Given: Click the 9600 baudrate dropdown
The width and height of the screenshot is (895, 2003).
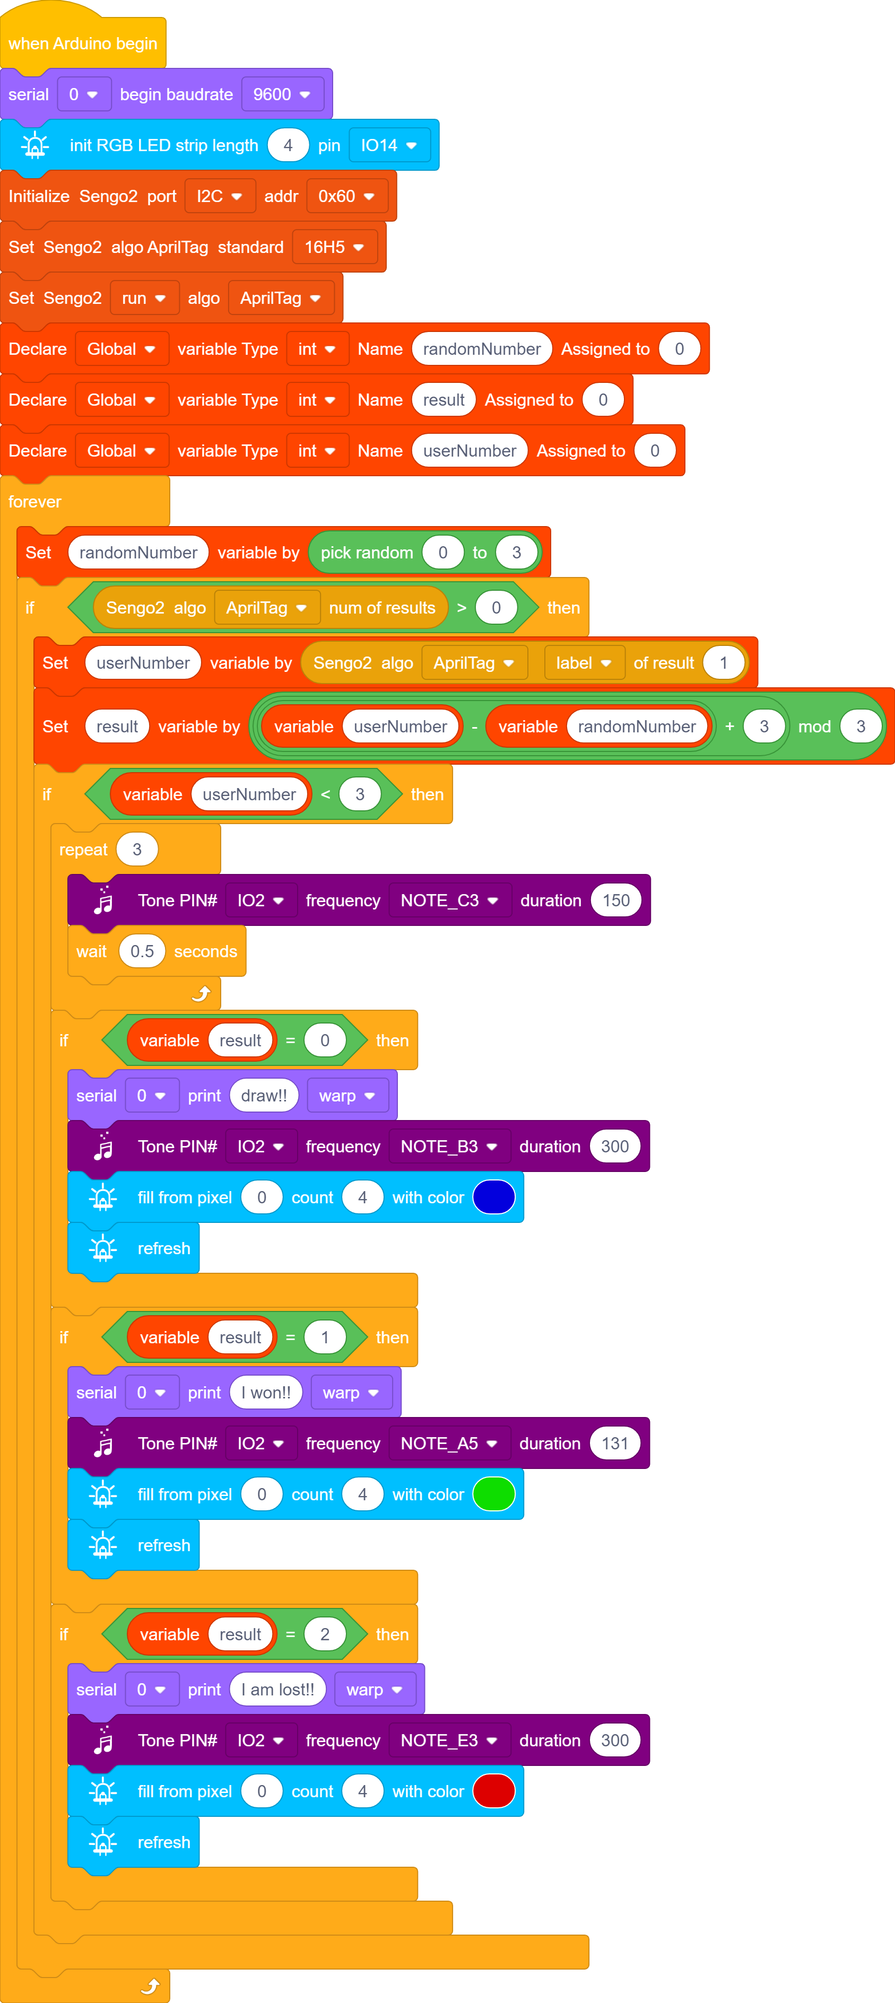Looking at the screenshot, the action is click(282, 94).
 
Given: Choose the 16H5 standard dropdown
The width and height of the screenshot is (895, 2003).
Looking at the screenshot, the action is click(334, 247).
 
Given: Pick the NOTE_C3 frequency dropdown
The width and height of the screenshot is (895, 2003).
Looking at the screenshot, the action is click(449, 900).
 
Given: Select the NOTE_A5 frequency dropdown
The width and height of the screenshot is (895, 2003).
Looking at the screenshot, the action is click(449, 1443).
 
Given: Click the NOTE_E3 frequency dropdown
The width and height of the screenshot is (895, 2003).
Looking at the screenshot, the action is click(449, 1740).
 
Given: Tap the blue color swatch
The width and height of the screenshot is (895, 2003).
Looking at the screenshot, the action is click(494, 1197).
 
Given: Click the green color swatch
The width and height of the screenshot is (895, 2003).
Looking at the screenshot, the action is click(494, 1494).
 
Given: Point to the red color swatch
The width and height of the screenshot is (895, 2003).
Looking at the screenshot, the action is click(494, 1791).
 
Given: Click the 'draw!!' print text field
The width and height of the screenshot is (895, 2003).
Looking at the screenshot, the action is click(264, 1096).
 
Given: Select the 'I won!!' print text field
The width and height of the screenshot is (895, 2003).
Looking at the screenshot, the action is click(266, 1393).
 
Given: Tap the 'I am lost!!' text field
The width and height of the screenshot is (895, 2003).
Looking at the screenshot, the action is click(277, 1690).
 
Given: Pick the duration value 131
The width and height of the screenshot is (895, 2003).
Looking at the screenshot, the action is click(615, 1443).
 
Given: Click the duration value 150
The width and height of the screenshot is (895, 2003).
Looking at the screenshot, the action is click(616, 900).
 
